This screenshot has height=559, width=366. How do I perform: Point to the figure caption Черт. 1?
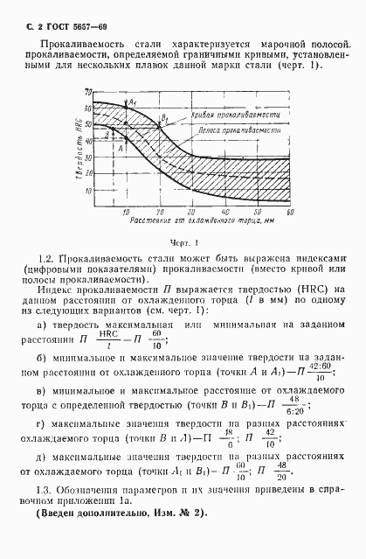pos(185,241)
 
